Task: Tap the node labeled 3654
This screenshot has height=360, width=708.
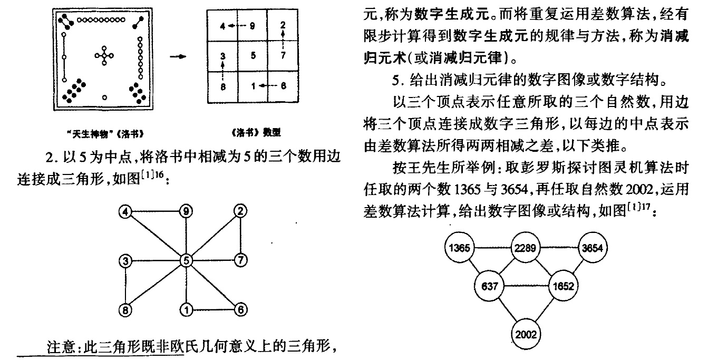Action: pos(593,247)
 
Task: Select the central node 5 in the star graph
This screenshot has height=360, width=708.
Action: pos(186,260)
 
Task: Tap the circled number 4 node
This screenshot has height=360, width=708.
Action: pos(125,212)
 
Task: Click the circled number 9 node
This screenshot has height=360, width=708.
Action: pos(186,212)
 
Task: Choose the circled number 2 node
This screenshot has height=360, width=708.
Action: pos(240,212)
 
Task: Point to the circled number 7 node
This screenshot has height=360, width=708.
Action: pos(240,260)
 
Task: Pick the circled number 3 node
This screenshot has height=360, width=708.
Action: pos(125,260)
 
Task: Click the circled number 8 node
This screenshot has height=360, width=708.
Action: pos(125,309)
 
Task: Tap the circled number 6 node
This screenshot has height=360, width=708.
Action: pos(240,309)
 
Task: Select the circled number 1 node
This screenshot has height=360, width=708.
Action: pos(186,309)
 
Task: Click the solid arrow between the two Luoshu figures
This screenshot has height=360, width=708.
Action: pos(181,56)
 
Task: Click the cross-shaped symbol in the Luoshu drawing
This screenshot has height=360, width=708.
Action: pos(104,55)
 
